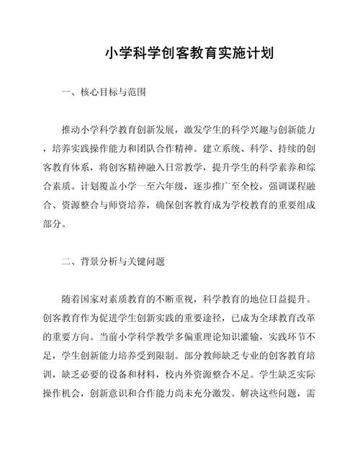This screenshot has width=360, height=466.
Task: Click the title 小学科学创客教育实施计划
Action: point(180,53)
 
